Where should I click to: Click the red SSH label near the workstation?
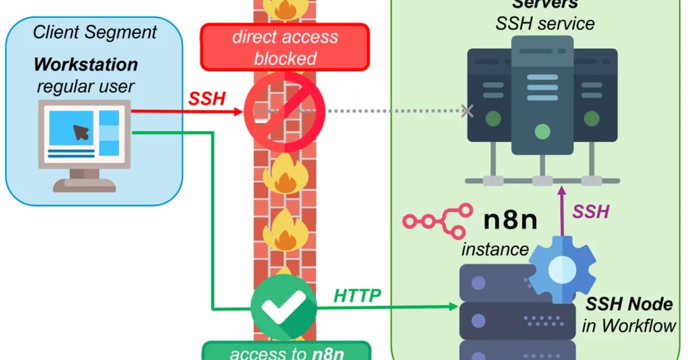207,99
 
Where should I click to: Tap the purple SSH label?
591,212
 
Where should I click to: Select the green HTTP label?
357,295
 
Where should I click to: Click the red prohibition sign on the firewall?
284,112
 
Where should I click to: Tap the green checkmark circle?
284,307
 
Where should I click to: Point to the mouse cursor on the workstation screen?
81,132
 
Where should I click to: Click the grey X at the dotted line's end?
467,111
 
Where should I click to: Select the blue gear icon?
562,269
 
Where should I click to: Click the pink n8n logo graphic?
437,221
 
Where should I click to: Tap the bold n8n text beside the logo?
510,220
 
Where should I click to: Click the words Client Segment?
95,32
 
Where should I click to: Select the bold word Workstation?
85,65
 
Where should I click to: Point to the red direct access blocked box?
285,48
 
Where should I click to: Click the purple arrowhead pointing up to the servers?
562,191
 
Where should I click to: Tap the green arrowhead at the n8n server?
454,306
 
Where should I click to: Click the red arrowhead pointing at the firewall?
239,112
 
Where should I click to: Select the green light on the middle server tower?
542,132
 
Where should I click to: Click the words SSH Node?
629,304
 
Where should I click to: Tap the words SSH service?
545,24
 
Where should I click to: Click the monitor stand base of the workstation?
84,186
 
